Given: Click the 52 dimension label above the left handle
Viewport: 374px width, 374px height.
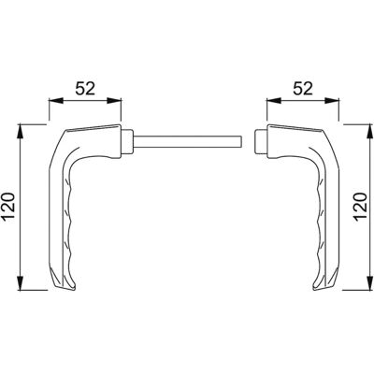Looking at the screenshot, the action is coord(85,89).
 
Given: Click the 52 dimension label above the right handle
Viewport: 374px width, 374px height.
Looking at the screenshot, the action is coord(303,89).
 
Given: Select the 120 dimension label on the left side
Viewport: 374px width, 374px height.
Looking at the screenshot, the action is coord(7,207).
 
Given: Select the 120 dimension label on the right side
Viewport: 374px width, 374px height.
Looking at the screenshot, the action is coord(360,207).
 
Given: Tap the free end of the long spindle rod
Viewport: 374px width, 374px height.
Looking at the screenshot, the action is coord(242,141).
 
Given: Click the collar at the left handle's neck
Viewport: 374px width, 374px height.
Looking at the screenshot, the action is coord(127,141).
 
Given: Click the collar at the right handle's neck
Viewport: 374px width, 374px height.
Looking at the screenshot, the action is coord(261,141).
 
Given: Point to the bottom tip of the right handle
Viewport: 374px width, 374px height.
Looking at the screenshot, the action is coord(314,290).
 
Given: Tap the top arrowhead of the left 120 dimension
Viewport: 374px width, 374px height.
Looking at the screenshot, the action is coord(21,131).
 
